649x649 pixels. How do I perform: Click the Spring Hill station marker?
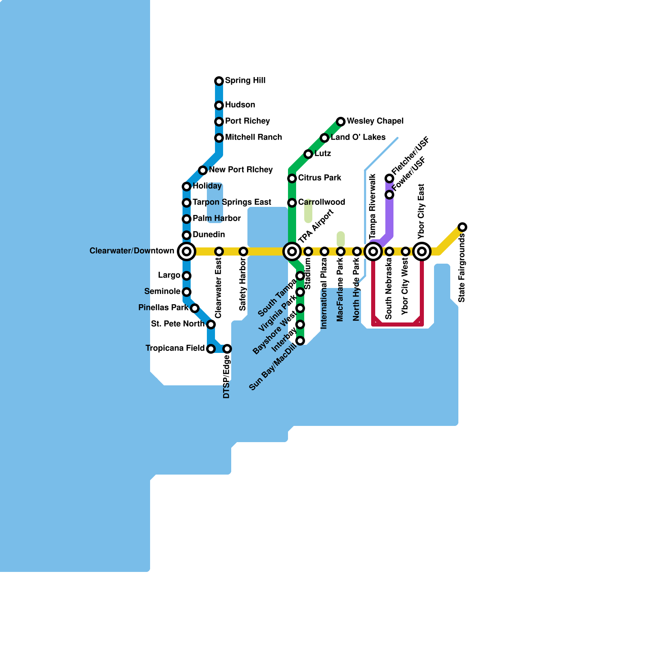click(x=219, y=81)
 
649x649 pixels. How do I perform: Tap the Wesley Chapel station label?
click(x=375, y=121)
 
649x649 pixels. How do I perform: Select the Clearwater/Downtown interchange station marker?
click(x=187, y=251)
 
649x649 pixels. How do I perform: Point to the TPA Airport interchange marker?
click(x=292, y=251)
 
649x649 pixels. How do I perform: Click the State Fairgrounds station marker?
click(x=462, y=227)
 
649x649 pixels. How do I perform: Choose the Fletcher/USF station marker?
click(x=389, y=178)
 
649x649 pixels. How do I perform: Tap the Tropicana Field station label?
click(x=175, y=348)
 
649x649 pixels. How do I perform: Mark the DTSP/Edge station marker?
click(x=227, y=349)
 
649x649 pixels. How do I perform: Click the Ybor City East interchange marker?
click(x=422, y=251)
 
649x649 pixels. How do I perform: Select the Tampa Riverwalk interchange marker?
click(x=373, y=251)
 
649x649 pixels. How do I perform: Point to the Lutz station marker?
click(x=308, y=154)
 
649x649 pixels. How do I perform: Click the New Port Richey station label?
click(x=241, y=170)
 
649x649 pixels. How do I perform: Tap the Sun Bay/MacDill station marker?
click(x=300, y=341)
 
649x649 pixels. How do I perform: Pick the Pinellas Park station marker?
click(x=195, y=308)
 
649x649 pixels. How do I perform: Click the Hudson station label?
click(x=240, y=105)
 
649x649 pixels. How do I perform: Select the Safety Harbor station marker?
click(x=243, y=251)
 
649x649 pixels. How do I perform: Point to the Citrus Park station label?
click(x=320, y=178)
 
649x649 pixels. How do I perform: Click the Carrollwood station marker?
click(x=292, y=203)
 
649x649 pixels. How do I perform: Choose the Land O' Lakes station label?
click(x=358, y=137)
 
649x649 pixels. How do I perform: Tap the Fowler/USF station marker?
click(x=389, y=195)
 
